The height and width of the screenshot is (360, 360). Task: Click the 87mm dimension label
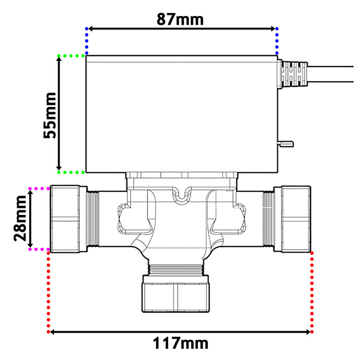[180, 19]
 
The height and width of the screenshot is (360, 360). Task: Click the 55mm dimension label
[50, 115]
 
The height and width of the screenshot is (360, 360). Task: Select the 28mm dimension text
[21, 218]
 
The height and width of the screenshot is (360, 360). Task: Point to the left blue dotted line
[87, 41]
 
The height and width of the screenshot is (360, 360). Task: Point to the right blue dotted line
[277, 41]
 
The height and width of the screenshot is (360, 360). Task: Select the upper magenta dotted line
[39, 189]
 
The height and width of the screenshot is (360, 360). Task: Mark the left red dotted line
[49, 291]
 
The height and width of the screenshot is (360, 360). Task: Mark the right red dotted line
[312, 291]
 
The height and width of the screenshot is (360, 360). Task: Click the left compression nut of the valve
[67, 219]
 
